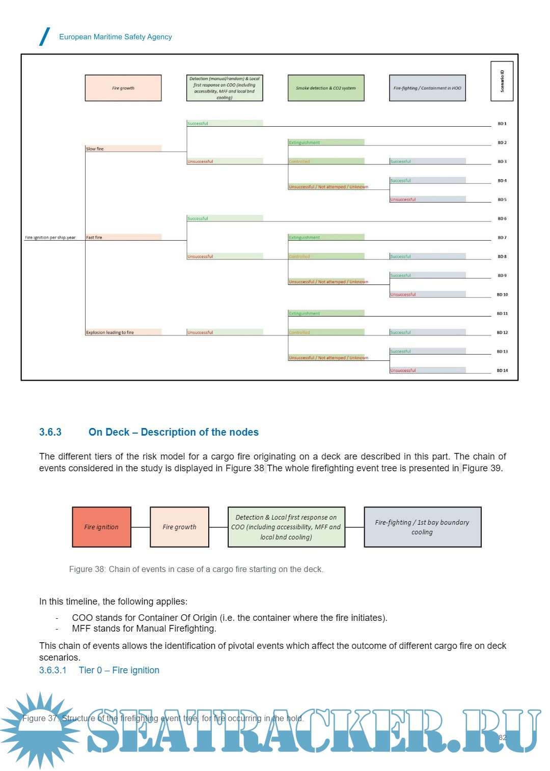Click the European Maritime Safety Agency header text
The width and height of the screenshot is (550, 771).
pos(116,37)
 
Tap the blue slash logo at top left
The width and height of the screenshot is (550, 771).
pos(45,37)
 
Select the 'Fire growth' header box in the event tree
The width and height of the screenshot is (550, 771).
pos(123,88)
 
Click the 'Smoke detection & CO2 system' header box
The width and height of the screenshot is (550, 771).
pos(326,88)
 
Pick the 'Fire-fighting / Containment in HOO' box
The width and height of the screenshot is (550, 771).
pos(427,88)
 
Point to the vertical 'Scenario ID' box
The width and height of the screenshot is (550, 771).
pos(502,81)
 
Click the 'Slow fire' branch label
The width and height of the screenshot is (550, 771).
pos(95,149)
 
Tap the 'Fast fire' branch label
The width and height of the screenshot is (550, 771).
pos(94,237)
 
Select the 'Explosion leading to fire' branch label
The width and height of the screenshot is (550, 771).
pos(110,332)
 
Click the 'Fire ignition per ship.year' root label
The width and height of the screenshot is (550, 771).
pos(50,238)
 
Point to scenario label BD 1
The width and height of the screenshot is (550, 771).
pos(502,124)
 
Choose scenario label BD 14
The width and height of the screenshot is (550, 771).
pos(502,370)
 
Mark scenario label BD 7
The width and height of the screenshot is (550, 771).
pos(502,238)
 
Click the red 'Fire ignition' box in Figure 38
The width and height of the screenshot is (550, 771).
pos(101,527)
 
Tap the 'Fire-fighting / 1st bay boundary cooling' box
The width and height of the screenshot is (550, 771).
pos(422,527)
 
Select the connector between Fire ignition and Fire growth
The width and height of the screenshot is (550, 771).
pos(141,527)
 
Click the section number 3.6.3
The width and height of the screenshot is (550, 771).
pos(50,432)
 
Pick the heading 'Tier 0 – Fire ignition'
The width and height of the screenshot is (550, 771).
pos(119,670)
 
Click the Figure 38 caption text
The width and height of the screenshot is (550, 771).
pos(196,569)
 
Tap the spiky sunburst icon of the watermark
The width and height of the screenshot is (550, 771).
pos(40,730)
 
